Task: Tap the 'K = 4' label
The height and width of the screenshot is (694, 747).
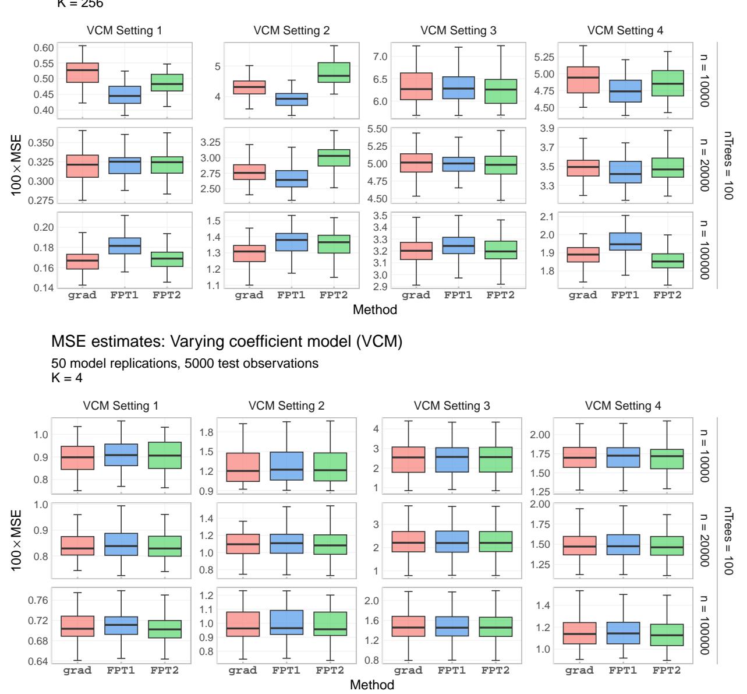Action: tap(68, 376)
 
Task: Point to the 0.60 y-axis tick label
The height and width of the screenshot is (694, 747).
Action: tap(40, 48)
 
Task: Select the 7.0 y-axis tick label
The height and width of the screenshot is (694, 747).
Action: tap(376, 57)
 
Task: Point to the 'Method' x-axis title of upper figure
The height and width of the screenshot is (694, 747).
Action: tap(376, 310)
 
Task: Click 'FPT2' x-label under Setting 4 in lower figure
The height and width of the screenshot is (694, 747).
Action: tap(665, 670)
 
